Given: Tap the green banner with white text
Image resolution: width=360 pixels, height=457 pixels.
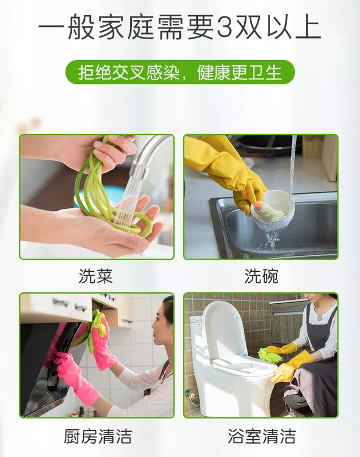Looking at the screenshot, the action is pyautogui.click(x=180, y=72).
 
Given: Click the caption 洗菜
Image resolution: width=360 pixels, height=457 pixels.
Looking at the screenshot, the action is pyautogui.click(x=95, y=276).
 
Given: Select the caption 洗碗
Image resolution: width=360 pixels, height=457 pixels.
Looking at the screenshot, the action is pyautogui.click(x=261, y=276).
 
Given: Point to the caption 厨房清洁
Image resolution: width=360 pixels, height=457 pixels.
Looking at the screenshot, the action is pyautogui.click(x=98, y=436).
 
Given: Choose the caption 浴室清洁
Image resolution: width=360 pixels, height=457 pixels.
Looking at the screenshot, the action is pyautogui.click(x=262, y=436).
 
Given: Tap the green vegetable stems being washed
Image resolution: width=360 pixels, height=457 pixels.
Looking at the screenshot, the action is pyautogui.click(x=108, y=192).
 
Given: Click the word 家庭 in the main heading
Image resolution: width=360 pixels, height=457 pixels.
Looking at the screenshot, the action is pyautogui.click(x=126, y=27).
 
